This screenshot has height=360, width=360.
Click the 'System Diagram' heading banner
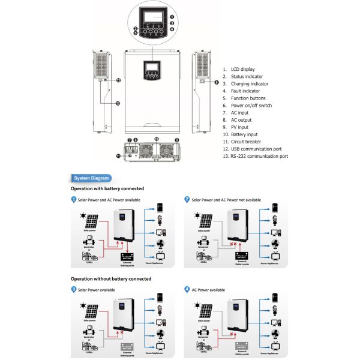91,178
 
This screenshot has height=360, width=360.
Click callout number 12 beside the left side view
118,80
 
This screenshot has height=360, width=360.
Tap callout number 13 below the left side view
117,103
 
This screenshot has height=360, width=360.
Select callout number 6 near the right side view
216,83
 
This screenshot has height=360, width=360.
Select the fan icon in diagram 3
160,334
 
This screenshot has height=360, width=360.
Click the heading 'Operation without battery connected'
111,279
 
